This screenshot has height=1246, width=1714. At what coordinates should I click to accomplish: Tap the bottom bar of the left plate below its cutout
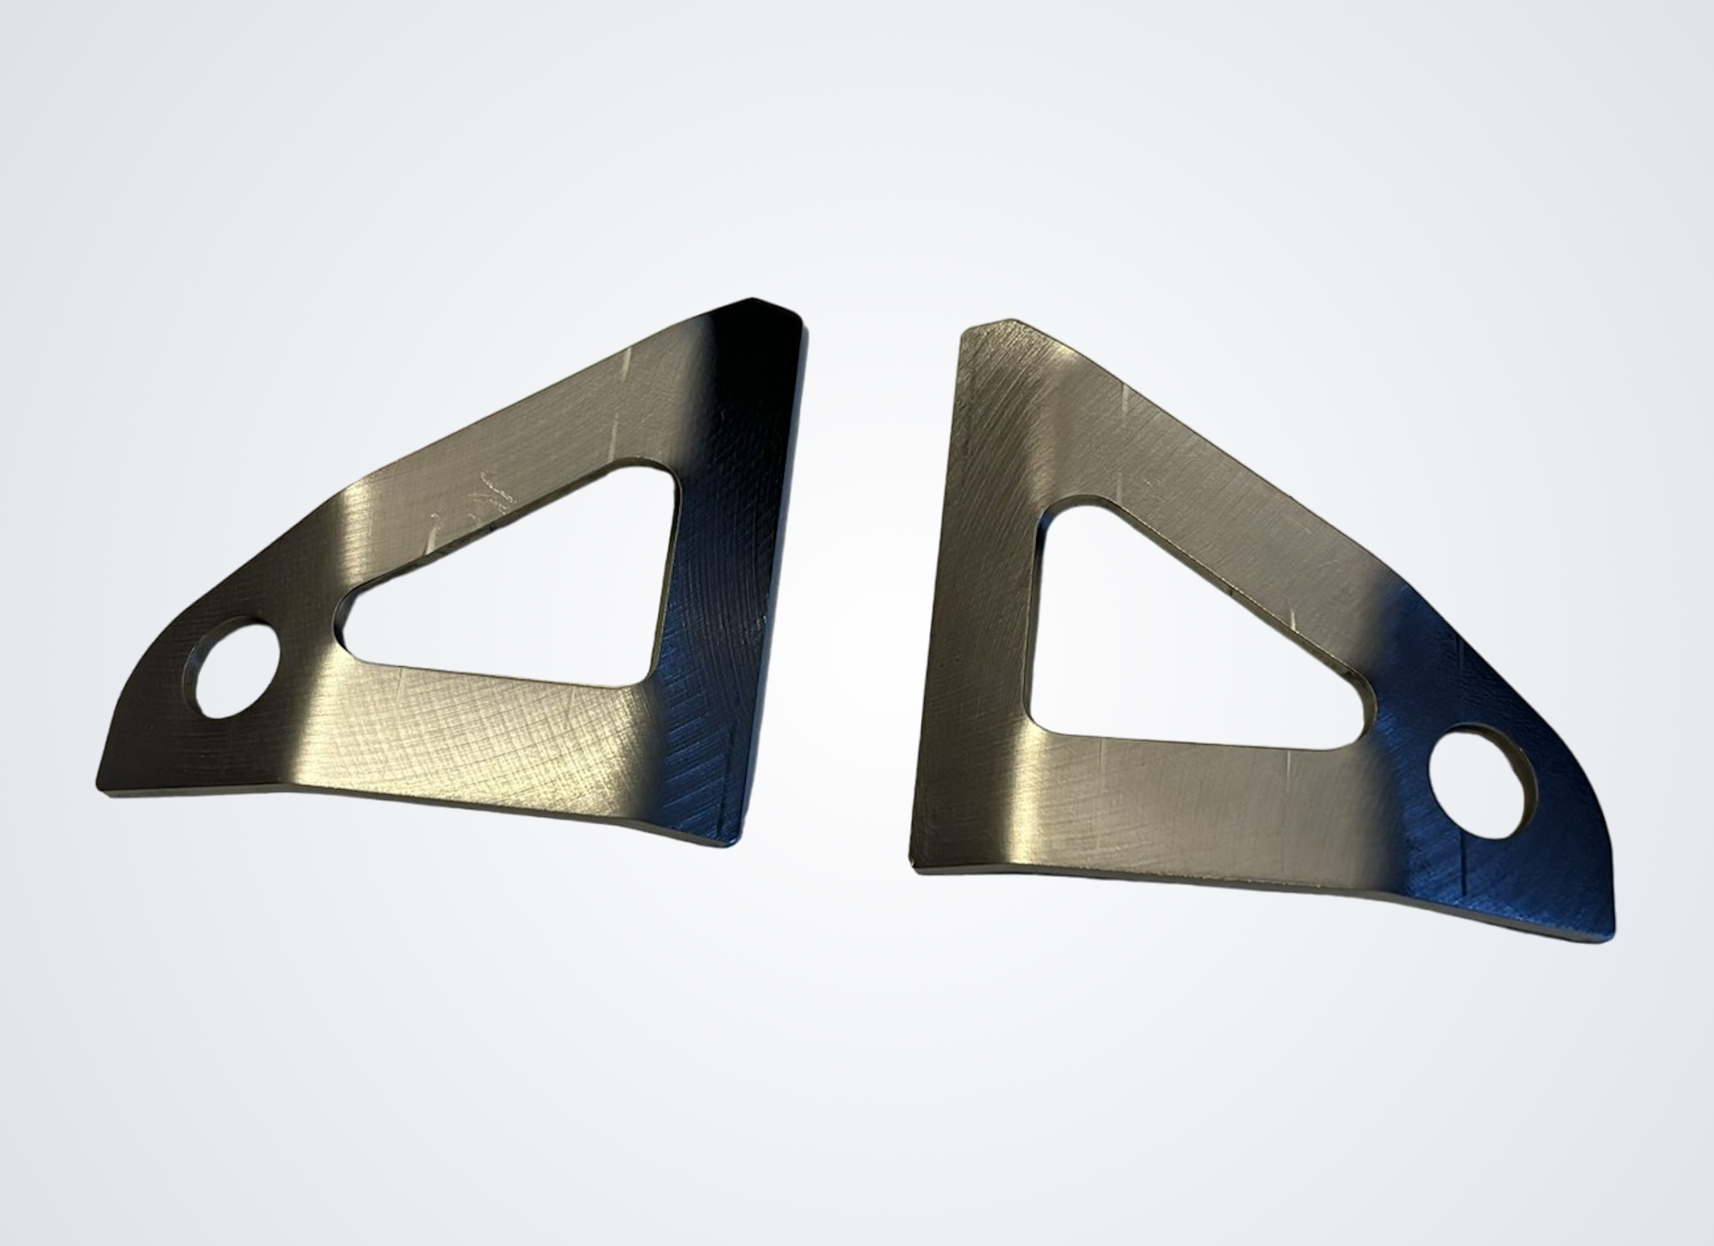pos(469,736)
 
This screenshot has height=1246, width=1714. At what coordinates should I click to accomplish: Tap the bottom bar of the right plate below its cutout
pos(1172,803)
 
